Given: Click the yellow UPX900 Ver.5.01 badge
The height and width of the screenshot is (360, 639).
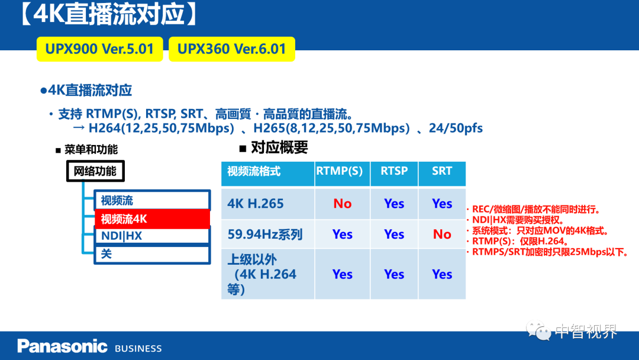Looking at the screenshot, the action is [100, 49].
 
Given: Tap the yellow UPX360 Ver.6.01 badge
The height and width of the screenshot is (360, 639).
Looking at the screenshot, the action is [232, 49].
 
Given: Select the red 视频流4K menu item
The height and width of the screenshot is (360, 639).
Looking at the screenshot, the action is [153, 219].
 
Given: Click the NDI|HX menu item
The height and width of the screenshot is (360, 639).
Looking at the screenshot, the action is [153, 236].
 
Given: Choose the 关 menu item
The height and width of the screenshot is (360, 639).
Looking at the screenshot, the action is [153, 254].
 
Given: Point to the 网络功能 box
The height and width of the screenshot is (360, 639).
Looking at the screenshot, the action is [95, 171].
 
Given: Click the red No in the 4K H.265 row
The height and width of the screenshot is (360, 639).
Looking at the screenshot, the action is [343, 204].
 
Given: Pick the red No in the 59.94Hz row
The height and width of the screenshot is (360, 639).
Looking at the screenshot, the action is [442, 234].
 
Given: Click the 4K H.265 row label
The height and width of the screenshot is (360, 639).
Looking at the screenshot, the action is [256, 204].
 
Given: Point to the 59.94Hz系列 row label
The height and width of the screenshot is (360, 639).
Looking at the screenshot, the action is [265, 234].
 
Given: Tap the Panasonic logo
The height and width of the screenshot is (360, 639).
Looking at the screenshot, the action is [62, 346].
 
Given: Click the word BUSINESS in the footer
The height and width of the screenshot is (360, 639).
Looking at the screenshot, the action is [138, 349].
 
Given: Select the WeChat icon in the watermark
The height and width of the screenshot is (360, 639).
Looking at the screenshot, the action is [538, 330].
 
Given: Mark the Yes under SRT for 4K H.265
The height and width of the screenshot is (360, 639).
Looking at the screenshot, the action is [442, 204].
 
